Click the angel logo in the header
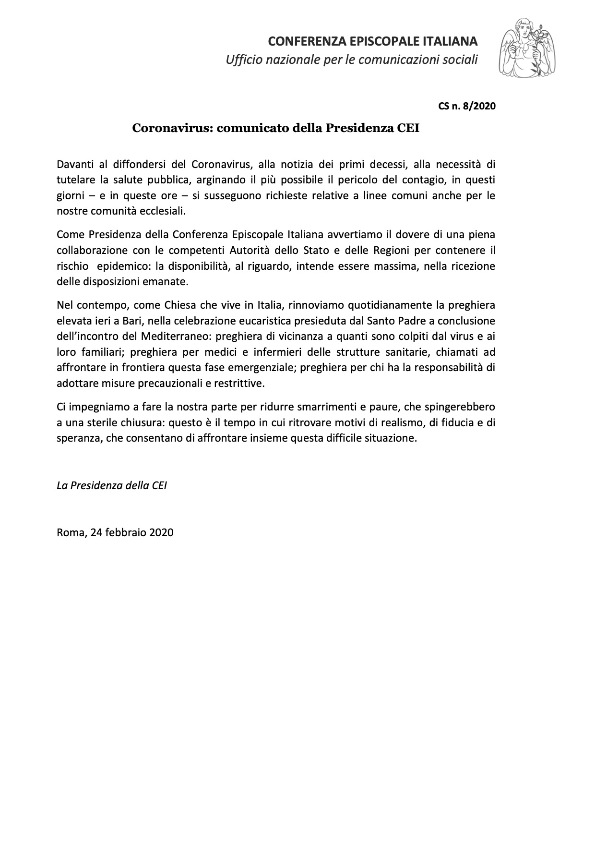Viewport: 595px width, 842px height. pyautogui.click(x=527, y=48)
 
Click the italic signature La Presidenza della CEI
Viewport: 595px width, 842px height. pyautogui.click(x=112, y=485)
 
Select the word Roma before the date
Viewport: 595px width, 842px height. pyautogui.click(x=70, y=532)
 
